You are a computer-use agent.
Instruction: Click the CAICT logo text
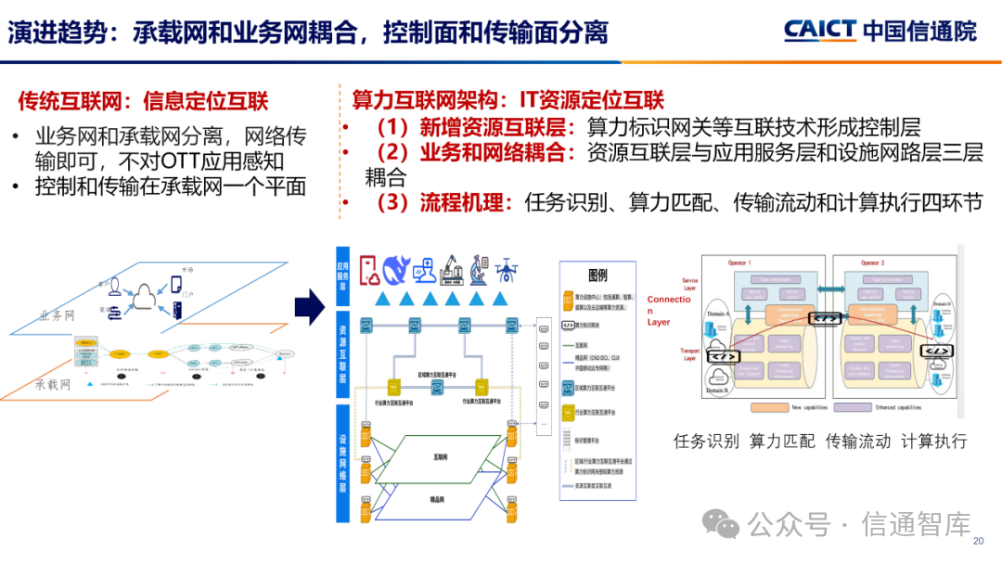point(819,30)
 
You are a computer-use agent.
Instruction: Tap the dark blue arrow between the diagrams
point(309,306)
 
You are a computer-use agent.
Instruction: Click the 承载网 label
point(53,384)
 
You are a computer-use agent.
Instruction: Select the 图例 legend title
point(598,276)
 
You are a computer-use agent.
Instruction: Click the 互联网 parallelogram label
point(441,457)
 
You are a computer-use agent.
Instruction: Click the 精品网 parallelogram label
point(441,501)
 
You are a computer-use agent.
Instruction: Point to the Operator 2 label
point(873,263)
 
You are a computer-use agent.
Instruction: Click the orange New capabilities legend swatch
point(769,406)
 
